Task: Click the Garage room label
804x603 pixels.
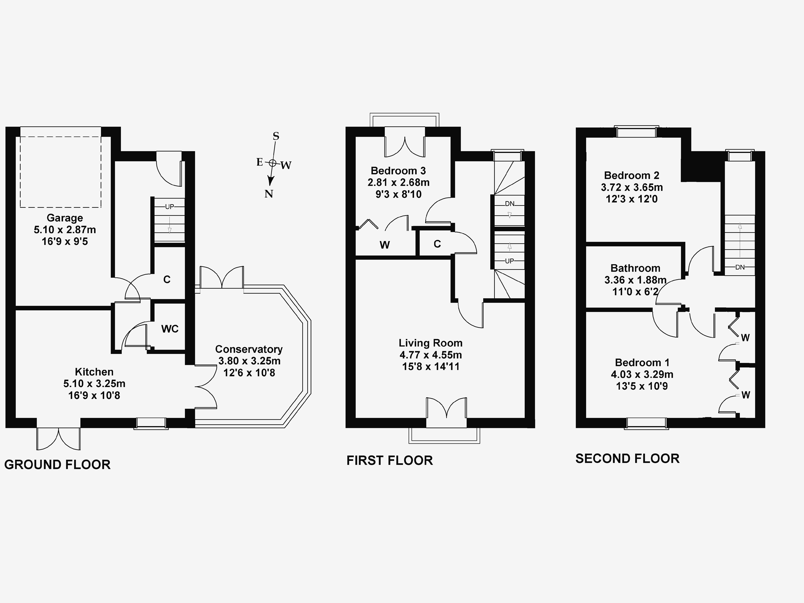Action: point(65,218)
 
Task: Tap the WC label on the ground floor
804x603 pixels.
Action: point(170,329)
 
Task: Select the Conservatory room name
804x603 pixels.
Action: point(249,349)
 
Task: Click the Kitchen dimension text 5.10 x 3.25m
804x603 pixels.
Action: point(95,384)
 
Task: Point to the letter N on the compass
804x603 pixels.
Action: point(269,194)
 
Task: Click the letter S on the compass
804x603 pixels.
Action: point(276,136)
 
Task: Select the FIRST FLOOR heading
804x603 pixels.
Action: point(390,461)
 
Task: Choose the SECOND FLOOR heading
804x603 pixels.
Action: point(627,459)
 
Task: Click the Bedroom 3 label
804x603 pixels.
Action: point(398,171)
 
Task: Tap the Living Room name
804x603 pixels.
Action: point(431,343)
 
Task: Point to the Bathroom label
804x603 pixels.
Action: point(635,268)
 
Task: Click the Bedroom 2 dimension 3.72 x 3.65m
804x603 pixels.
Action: point(632,187)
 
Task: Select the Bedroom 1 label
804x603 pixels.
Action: point(642,362)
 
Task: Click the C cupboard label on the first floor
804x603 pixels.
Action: point(437,244)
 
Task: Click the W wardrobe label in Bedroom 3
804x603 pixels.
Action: point(385,245)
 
